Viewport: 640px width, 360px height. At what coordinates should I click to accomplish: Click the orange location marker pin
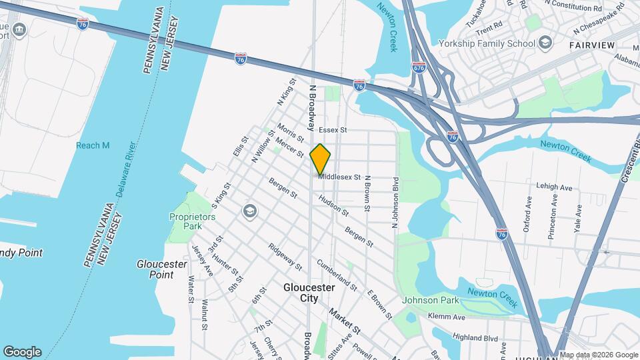[321, 159]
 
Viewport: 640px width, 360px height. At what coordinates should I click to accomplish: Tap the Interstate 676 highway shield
[419, 67]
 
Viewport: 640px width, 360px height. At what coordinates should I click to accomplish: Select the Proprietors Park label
[193, 221]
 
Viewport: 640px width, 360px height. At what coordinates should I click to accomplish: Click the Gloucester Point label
[161, 269]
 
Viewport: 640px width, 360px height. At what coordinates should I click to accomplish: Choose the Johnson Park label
[430, 300]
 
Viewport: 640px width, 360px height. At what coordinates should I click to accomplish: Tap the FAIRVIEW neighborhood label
[592, 45]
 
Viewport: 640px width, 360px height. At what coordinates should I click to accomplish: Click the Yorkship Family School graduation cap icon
[545, 44]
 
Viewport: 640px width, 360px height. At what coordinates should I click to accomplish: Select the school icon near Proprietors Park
[249, 211]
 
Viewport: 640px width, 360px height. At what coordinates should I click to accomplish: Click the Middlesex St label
[339, 177]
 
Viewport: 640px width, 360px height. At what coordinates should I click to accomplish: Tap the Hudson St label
[333, 206]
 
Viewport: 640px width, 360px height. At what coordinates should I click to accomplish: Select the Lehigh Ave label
[556, 188]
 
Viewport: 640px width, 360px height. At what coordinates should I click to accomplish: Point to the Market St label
[344, 321]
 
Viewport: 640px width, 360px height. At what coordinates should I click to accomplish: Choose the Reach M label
[93, 145]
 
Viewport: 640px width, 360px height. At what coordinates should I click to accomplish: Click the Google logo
[22, 351]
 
